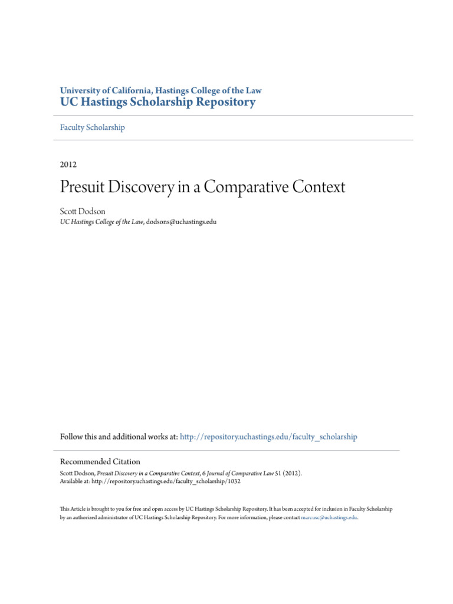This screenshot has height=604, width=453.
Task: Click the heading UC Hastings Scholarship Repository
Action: tap(158, 102)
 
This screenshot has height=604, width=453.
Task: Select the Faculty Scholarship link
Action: tap(93, 127)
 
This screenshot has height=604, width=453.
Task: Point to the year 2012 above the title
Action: tap(68, 165)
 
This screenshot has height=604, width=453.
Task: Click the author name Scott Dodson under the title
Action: tap(82, 212)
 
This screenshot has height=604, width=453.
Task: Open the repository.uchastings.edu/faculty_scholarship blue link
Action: tap(268, 437)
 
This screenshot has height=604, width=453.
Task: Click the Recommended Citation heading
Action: tap(100, 462)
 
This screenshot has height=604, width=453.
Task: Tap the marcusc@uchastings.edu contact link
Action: tap(329, 517)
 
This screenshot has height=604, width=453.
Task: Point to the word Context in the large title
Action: tap(319, 188)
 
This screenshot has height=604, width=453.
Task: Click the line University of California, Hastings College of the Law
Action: tap(160, 90)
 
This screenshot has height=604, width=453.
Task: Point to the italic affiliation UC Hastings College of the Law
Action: tap(101, 222)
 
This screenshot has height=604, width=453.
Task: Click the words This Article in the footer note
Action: tap(72, 508)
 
